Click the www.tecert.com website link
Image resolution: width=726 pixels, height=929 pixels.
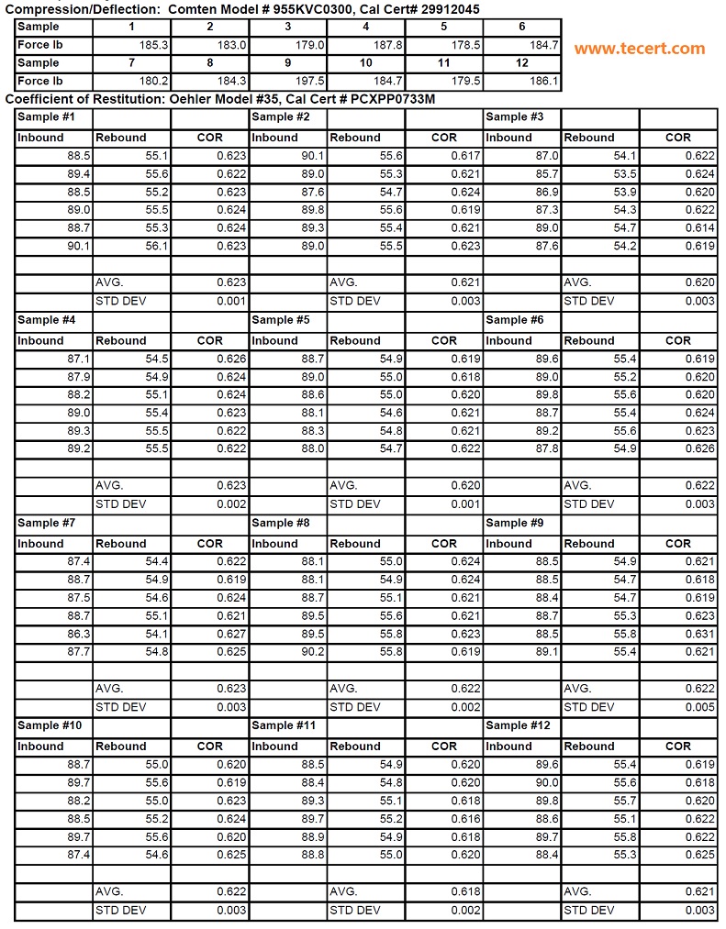click(640, 49)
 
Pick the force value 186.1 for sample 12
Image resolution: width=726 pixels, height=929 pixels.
click(543, 82)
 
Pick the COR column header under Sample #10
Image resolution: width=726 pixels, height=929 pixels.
click(210, 747)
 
